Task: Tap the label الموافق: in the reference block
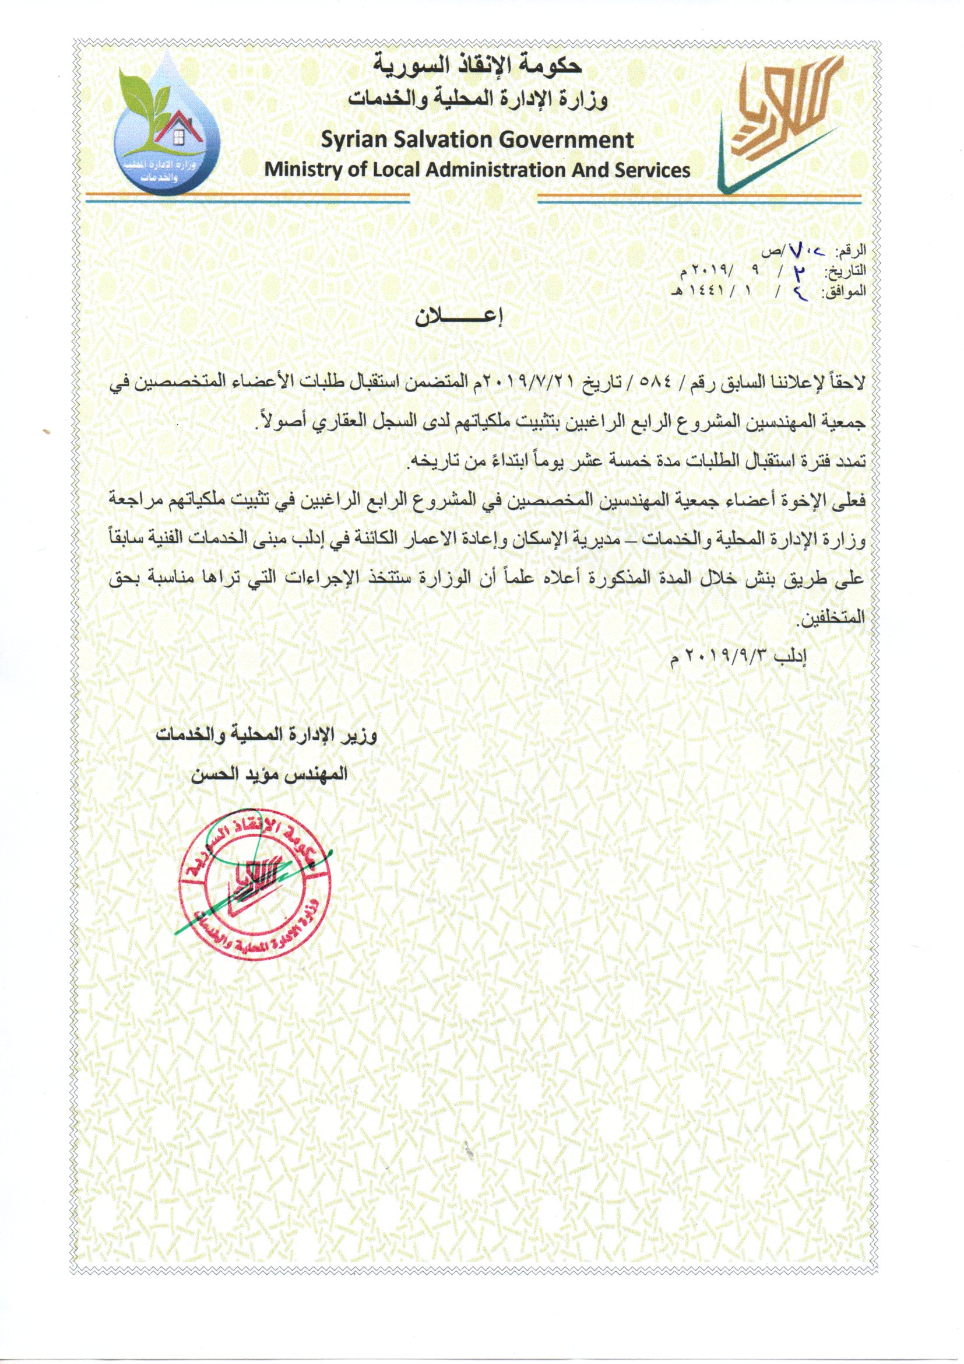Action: click(x=849, y=291)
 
